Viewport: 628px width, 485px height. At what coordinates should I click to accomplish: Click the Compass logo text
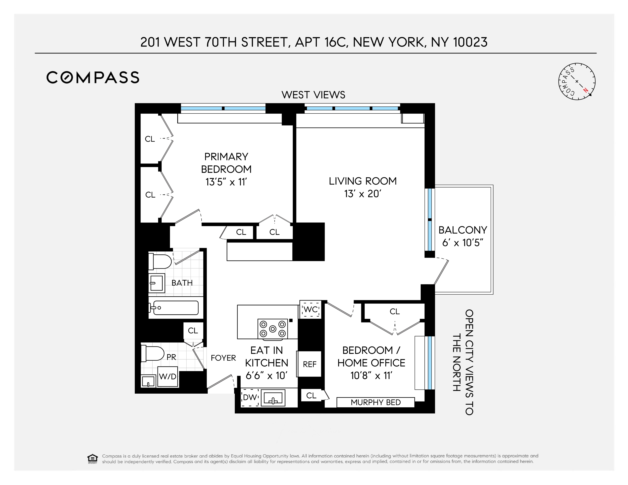point(93,77)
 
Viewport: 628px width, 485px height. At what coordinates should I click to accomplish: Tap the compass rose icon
point(577,82)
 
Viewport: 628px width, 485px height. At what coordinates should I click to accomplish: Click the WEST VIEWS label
point(313,95)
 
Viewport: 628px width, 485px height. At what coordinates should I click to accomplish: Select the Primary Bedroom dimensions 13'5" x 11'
point(226,182)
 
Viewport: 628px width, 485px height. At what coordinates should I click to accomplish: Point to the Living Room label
point(363,181)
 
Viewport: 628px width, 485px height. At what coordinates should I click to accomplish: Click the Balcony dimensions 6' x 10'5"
point(462,243)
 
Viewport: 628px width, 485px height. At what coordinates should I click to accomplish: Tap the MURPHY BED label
point(375,402)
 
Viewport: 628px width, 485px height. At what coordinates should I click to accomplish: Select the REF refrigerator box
point(309,364)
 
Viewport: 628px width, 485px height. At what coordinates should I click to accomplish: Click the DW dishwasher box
point(250,397)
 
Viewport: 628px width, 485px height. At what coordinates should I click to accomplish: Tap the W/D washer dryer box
point(168,376)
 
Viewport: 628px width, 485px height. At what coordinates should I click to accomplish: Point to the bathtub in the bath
point(175,308)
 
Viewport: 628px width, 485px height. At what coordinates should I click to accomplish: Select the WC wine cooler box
point(310,309)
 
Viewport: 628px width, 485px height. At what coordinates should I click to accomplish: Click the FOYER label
point(223,358)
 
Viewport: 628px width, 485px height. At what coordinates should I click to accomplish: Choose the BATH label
point(182,283)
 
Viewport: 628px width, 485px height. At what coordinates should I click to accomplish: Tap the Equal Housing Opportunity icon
point(92,459)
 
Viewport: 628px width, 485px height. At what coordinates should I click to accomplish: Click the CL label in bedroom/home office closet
point(395,311)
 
